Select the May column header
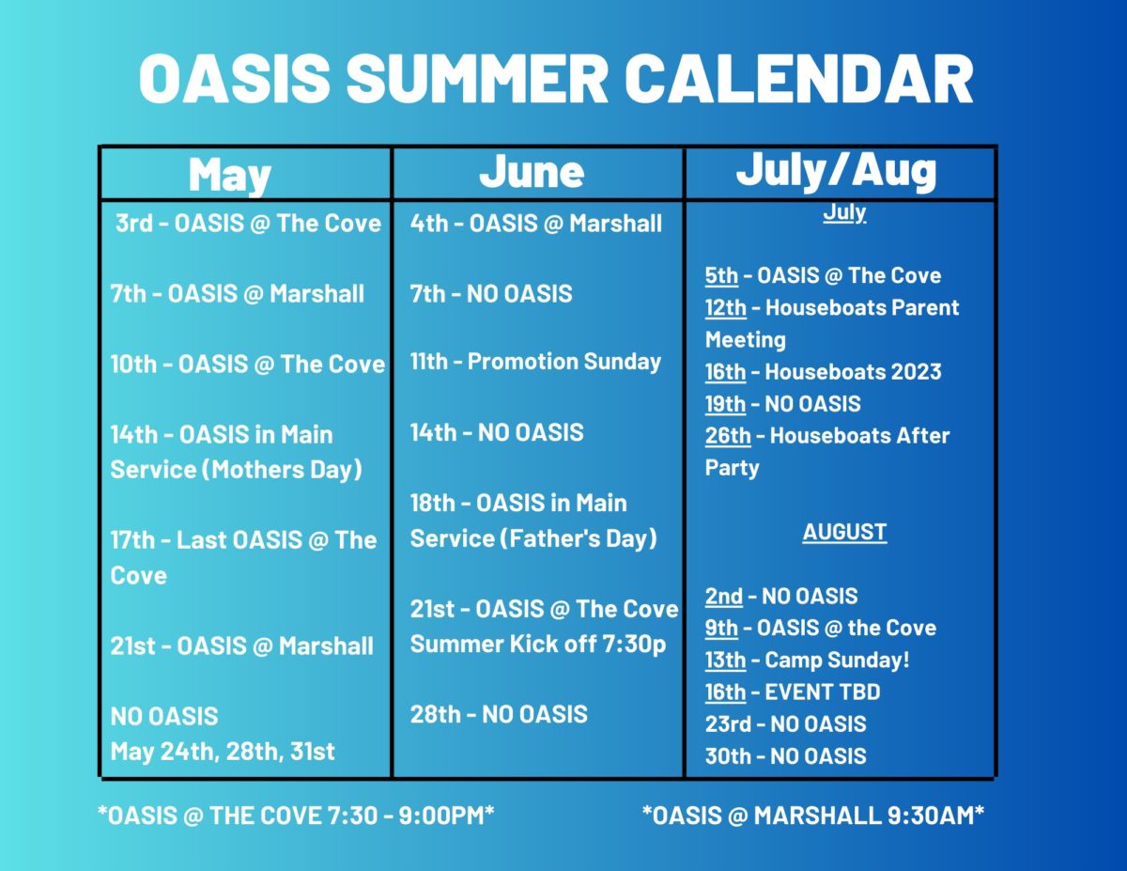click(x=230, y=175)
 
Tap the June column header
click(x=532, y=172)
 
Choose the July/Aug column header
click(x=836, y=169)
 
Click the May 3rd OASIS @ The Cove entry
click(x=248, y=224)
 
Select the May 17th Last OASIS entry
click(x=243, y=540)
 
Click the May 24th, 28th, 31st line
click(x=223, y=752)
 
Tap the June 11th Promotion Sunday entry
click(x=535, y=362)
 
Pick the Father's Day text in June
click(x=577, y=538)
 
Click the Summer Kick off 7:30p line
click(x=538, y=645)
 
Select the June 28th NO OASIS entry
click(x=499, y=714)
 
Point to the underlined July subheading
click(x=844, y=213)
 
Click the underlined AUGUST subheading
click(x=844, y=533)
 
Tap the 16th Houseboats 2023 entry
click(x=823, y=372)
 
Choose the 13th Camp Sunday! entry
click(x=807, y=660)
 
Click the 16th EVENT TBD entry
click(x=793, y=692)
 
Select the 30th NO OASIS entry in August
click(x=785, y=756)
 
